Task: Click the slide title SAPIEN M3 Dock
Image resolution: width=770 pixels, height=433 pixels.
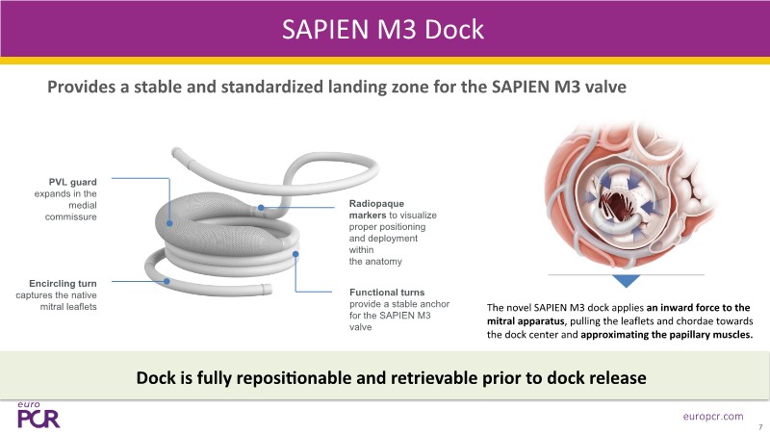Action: click(383, 30)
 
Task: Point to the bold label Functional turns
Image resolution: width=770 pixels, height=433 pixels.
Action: click(389, 292)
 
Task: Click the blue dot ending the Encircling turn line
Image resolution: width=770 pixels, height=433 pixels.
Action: click(167, 282)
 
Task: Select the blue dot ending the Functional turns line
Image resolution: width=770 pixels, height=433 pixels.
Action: click(295, 254)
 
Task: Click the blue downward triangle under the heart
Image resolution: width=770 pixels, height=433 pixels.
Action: click(627, 280)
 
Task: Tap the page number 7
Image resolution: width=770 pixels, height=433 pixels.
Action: click(759, 424)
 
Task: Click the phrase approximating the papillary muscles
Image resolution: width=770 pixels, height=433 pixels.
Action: click(665, 334)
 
